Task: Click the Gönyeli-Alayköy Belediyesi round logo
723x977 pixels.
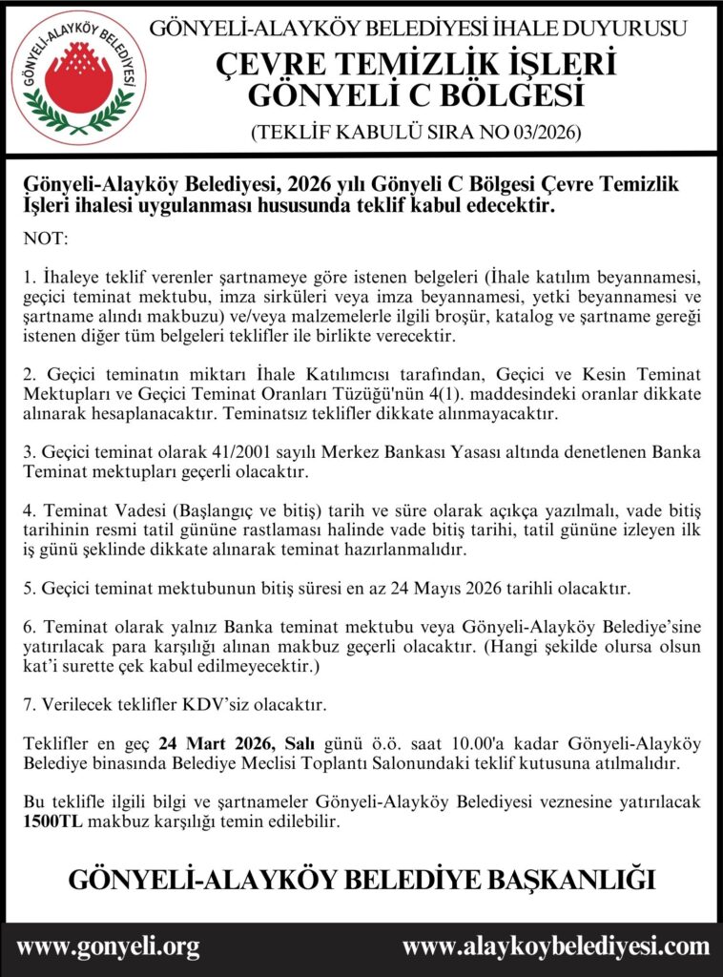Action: pos(78,77)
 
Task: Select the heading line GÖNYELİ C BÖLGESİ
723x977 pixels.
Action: pos(429,96)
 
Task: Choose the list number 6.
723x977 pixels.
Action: pos(29,627)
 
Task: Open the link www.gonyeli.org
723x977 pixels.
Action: pos(109,947)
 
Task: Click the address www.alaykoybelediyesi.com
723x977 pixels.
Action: pos(555,947)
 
